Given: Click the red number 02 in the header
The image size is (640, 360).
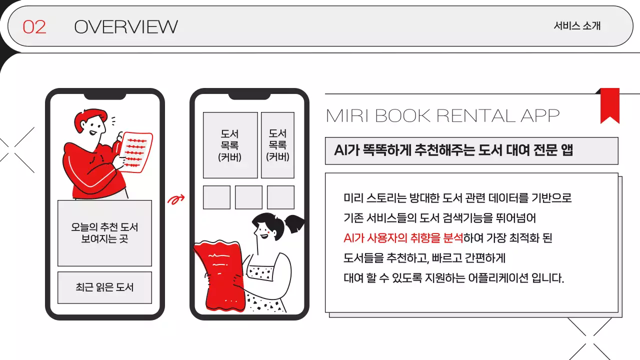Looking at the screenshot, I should point(34,26).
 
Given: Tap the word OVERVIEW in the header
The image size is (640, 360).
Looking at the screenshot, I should point(125,26).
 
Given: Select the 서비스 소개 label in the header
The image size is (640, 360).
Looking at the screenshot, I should point(577,26).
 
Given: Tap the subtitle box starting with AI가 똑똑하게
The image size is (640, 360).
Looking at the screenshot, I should point(471,151).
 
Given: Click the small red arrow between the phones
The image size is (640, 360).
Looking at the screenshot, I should point(175,200).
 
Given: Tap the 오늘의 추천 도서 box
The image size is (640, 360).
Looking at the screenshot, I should point(104,233).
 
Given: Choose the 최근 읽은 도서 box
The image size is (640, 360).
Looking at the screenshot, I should point(104,287).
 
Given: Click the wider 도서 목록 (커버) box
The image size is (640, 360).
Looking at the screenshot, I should point(230,145).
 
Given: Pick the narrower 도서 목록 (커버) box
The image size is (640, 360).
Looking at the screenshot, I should point(277,145).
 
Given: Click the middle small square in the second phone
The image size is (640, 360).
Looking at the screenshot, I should point(248,197).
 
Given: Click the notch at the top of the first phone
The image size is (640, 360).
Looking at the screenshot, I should point(104,95).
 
